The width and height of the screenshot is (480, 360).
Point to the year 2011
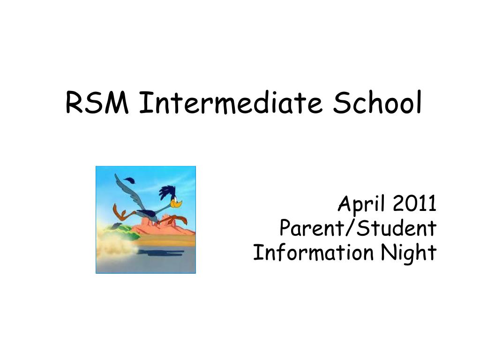415,204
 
